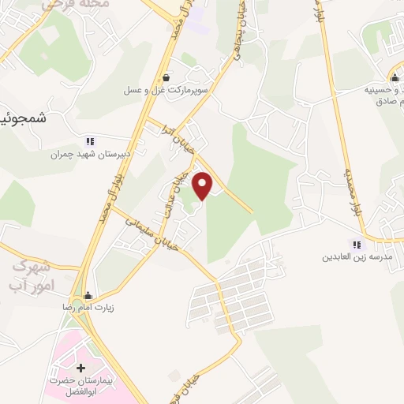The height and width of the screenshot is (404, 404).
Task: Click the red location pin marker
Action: pyautogui.click(x=204, y=185)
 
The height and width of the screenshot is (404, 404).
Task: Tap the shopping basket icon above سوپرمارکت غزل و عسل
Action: pyautogui.click(x=166, y=77)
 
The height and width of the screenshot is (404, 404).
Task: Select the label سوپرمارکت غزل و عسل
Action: pyautogui.click(x=164, y=91)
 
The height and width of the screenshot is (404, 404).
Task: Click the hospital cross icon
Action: pyautogui.click(x=80, y=368)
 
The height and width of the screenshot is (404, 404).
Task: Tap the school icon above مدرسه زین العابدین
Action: pyautogui.click(x=357, y=245)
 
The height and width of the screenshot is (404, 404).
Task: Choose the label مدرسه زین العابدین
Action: pyautogui.click(x=357, y=258)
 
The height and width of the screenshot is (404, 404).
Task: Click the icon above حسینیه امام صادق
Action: pyautogui.click(x=395, y=77)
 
